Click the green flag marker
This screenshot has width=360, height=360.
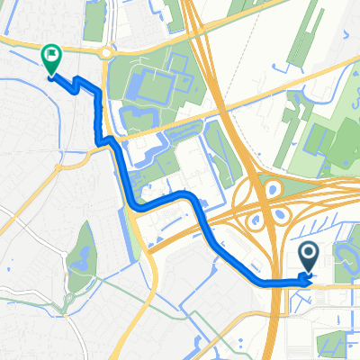click(51, 58)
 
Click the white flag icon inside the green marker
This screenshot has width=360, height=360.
click(51, 55)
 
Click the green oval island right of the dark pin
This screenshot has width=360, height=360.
click(346, 255)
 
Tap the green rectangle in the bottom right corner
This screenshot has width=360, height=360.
click(330, 341)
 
